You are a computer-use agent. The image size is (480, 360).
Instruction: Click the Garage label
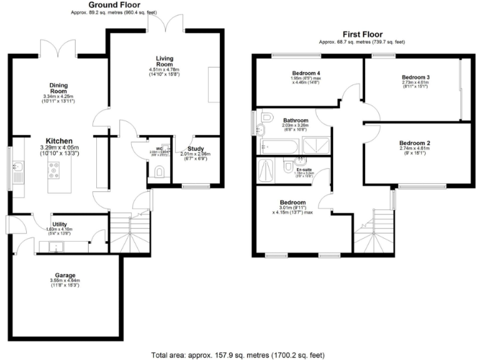coord(65,274)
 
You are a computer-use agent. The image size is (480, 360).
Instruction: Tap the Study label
coord(195,147)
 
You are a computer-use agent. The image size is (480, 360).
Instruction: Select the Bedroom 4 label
coord(306,74)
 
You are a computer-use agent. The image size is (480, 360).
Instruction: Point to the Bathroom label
coord(295,120)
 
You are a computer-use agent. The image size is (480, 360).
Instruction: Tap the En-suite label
coord(303,170)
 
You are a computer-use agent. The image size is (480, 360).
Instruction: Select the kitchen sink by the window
coord(17,167)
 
